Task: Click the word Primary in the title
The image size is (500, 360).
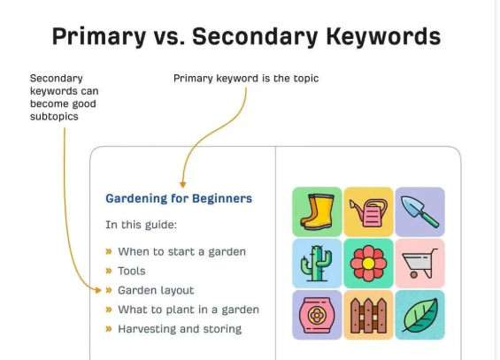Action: tap(99, 36)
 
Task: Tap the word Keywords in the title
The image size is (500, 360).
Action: tap(383, 36)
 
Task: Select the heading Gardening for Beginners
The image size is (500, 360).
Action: tap(179, 198)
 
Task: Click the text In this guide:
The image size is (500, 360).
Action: tap(141, 225)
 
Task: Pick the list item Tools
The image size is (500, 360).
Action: tap(132, 271)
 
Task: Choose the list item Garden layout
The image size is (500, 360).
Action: tap(156, 290)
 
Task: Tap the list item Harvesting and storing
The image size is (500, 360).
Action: tap(180, 329)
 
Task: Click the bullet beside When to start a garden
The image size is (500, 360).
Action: tap(109, 252)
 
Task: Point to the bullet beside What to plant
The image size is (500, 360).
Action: tap(109, 310)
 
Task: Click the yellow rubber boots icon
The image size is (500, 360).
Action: tap(317, 212)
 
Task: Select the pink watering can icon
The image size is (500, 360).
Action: tap(369, 212)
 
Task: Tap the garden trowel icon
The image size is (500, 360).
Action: tap(419, 212)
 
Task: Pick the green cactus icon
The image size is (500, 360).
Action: tap(317, 264)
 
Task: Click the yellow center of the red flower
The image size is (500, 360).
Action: tap(368, 264)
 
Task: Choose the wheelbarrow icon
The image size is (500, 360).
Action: tap(419, 264)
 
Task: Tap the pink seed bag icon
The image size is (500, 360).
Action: tap(317, 315)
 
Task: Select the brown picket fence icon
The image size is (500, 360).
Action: tap(369, 316)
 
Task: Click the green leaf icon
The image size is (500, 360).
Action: tap(420, 316)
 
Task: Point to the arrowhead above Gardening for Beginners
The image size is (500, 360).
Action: tap(182, 185)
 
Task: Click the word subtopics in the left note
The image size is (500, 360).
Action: tap(54, 117)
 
